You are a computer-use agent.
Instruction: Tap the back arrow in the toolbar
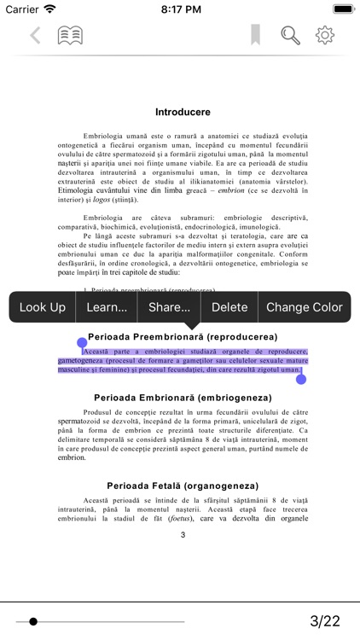35,36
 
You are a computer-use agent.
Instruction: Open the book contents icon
70,36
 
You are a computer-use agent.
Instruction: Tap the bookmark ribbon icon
255,35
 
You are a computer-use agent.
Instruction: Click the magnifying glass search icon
291,36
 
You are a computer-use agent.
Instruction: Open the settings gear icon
325,36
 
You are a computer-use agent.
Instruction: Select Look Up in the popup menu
43,307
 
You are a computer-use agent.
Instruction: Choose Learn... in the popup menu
107,307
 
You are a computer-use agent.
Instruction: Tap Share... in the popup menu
169,307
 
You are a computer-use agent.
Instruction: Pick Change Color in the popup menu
305,307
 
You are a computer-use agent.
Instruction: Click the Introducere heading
183,112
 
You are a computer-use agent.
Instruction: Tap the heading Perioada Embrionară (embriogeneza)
182,398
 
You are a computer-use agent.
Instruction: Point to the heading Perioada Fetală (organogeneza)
182,486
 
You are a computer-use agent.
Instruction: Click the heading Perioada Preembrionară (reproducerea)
183,337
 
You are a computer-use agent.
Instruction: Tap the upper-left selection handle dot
82,341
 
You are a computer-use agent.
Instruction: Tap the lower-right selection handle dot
301,380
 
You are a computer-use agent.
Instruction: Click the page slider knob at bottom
33,621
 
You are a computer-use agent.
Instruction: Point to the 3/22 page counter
325,621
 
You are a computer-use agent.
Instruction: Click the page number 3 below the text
183,535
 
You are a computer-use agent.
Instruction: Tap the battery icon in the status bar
343,9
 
